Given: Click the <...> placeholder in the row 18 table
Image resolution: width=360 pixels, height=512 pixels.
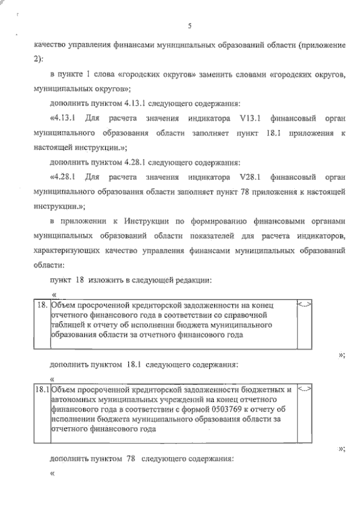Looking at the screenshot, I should (x=304, y=305).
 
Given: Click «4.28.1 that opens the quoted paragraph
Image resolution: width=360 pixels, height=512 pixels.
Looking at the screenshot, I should (x=64, y=177).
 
